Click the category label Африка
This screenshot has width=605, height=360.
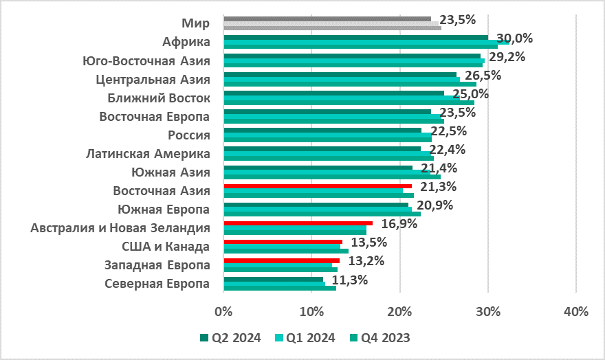[x=186, y=42]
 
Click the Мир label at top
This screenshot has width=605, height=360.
[x=200, y=23]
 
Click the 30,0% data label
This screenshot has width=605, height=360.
[x=515, y=38]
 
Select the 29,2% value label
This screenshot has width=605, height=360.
[x=507, y=57]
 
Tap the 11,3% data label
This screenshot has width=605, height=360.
[x=350, y=280]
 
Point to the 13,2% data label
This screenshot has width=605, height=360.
[x=365, y=261]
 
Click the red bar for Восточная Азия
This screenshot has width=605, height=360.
[x=318, y=185]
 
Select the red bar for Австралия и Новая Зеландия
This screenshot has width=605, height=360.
[x=298, y=223]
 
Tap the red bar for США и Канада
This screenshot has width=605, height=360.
[x=283, y=242]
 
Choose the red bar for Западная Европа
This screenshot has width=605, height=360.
[x=281, y=260]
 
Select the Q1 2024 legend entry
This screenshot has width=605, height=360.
[x=309, y=337]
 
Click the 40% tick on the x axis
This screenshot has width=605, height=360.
[x=576, y=311]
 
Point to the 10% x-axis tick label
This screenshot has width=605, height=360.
[x=311, y=311]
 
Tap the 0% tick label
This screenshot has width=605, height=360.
[x=223, y=311]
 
